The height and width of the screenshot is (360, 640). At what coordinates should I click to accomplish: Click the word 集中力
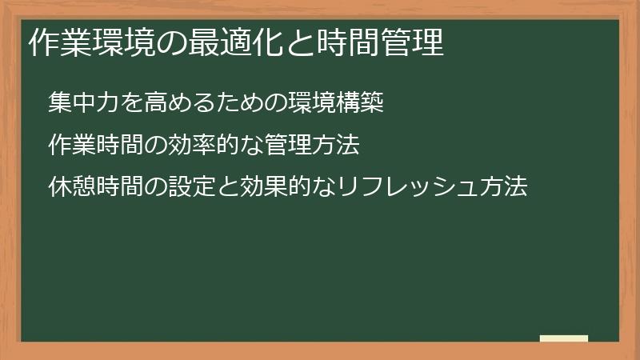click(81, 103)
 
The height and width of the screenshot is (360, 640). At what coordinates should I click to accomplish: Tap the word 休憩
click(70, 188)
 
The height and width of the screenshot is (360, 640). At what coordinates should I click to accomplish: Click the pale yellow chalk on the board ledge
click(563, 338)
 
